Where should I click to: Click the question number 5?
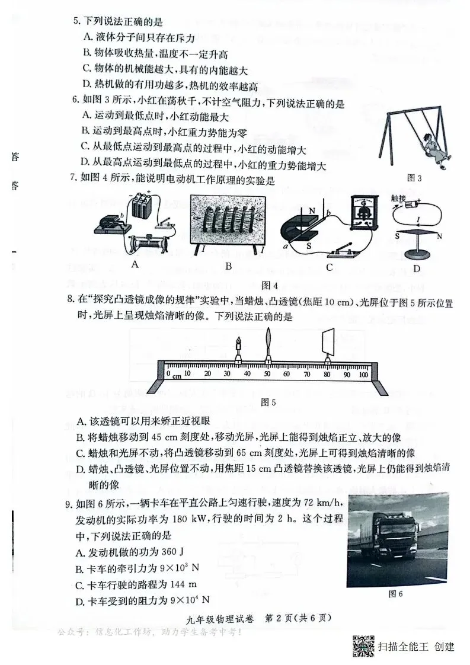76,21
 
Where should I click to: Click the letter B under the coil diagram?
228,267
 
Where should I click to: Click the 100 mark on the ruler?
363,374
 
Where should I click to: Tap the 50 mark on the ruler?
267,374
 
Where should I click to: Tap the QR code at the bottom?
362,645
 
